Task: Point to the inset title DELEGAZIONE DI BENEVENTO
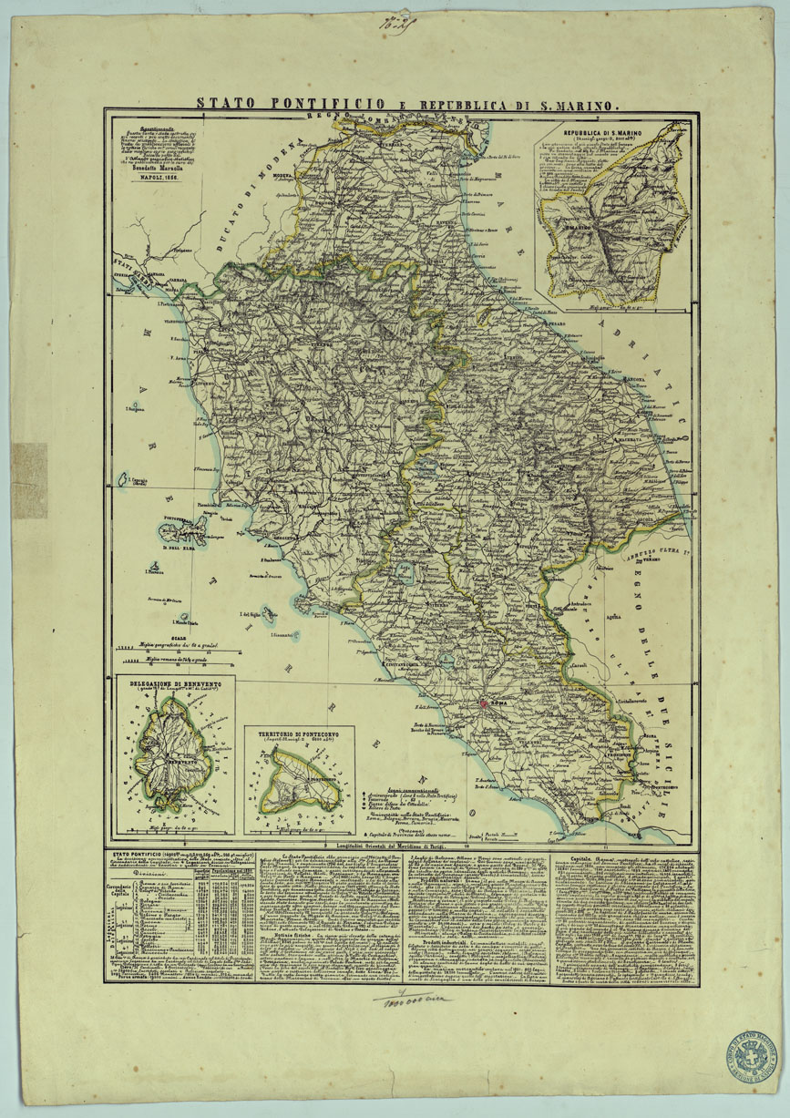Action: tap(175, 682)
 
